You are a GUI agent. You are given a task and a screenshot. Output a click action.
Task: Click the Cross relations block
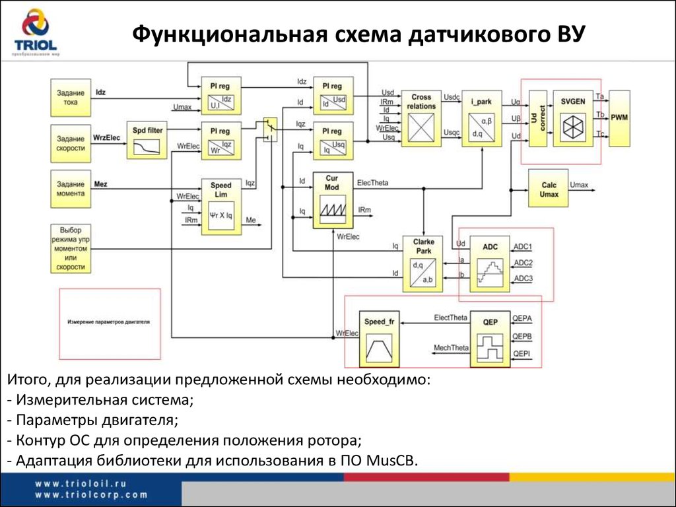click(x=421, y=118)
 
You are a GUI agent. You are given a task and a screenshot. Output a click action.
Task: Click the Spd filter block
click(x=147, y=139)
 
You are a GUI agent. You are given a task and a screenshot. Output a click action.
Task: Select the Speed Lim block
click(x=221, y=205)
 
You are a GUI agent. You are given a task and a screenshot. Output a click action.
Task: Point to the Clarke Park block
click(x=423, y=264)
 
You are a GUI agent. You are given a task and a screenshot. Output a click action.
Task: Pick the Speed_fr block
click(x=379, y=339)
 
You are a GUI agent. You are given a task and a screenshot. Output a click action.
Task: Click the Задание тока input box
click(x=71, y=98)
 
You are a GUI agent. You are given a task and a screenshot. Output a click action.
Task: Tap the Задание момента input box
click(x=71, y=189)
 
